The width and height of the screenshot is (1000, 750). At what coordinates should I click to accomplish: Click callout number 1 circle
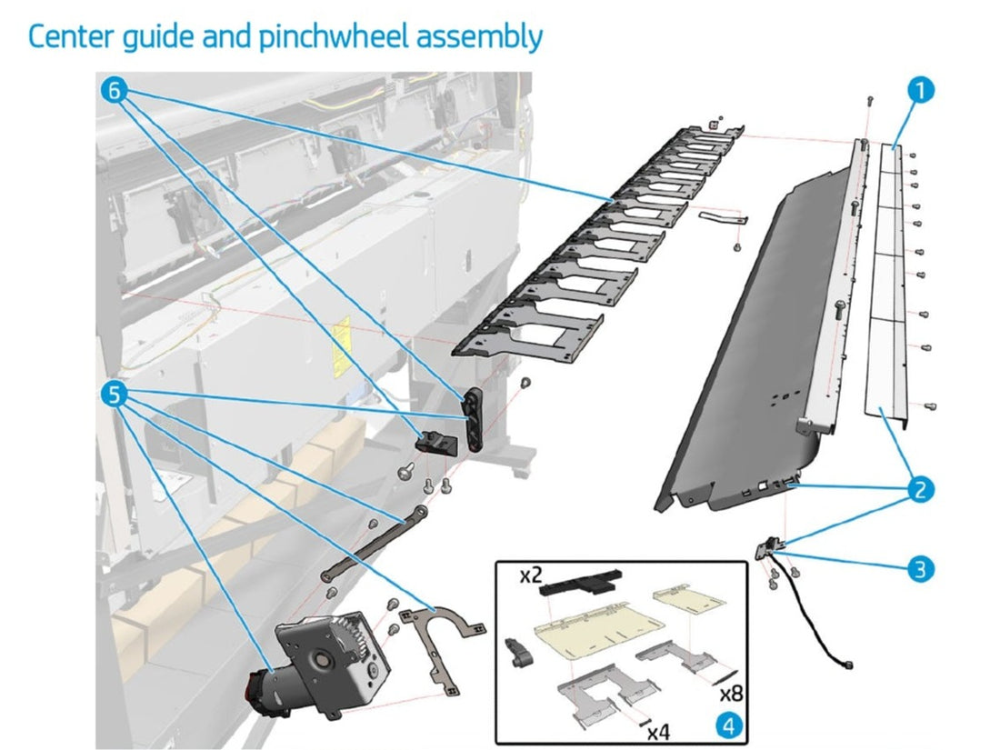pyautogui.click(x=920, y=91)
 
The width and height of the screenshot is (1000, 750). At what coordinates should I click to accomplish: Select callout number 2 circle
pyautogui.click(x=920, y=491)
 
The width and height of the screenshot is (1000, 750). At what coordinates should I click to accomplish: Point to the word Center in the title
pyautogui.click(x=69, y=37)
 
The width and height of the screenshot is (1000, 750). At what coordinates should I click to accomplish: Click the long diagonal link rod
pyautogui.click(x=374, y=542)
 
